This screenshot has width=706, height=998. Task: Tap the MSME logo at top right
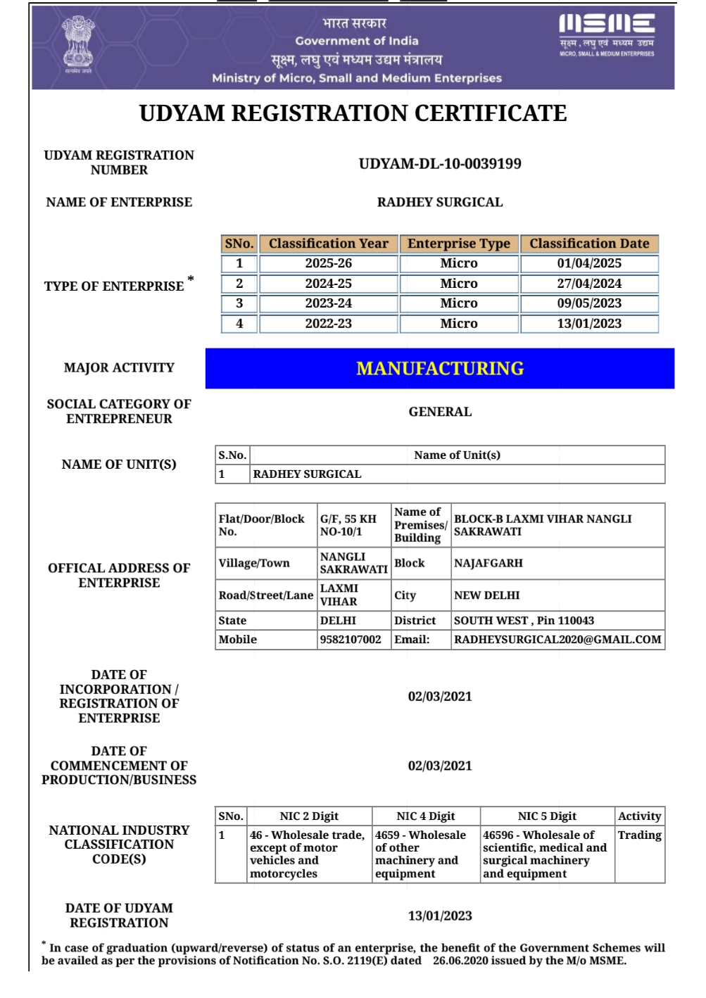tap(606, 34)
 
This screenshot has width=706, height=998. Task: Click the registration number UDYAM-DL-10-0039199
tap(440, 164)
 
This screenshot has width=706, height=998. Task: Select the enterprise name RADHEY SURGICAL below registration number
tap(440, 203)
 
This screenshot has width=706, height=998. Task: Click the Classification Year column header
tap(328, 244)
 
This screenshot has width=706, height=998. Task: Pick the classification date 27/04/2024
tap(589, 284)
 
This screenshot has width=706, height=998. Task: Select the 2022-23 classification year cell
tap(328, 324)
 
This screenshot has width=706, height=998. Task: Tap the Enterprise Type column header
tap(459, 244)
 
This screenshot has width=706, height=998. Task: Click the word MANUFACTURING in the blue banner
tap(440, 369)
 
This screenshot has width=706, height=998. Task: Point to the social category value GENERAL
tap(440, 412)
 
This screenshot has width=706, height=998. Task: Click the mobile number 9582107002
tap(351, 640)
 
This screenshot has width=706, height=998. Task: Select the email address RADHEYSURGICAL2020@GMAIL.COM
tap(557, 640)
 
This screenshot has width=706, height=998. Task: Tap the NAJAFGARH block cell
tap(488, 563)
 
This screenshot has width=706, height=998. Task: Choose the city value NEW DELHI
tap(487, 595)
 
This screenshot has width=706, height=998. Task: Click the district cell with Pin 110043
tap(524, 621)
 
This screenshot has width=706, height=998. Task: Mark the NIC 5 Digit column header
tap(547, 816)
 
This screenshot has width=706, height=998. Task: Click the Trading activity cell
tap(639, 835)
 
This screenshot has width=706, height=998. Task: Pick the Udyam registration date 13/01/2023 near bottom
tap(440, 916)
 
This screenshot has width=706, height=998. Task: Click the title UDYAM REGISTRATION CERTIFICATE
tap(353, 113)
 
